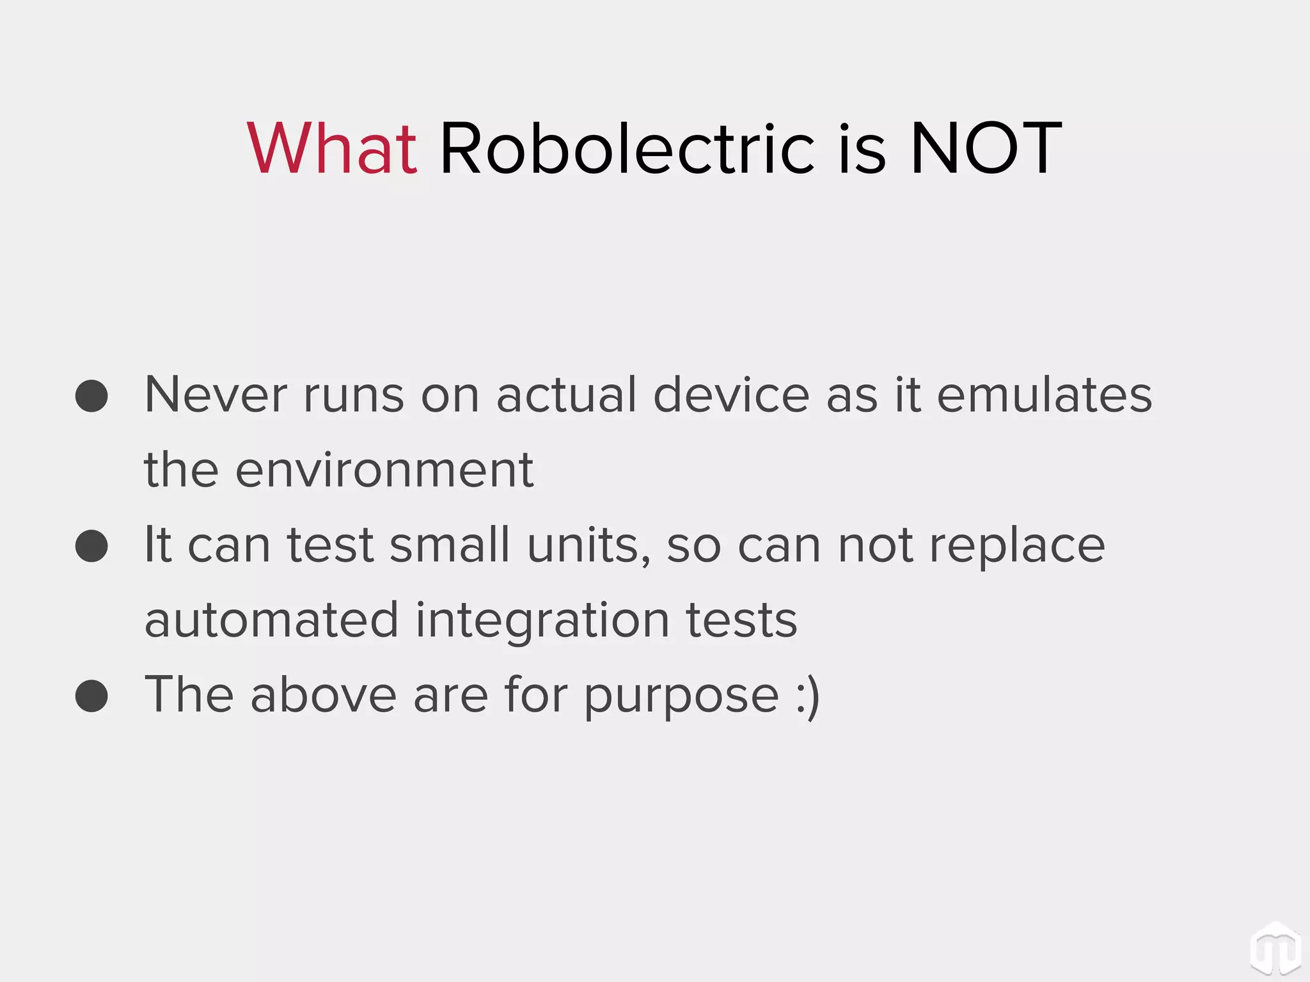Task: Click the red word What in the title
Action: [332, 148]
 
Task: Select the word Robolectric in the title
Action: [627, 148]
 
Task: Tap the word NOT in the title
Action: [986, 148]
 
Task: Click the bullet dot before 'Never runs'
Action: [91, 396]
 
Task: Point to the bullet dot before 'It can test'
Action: [91, 545]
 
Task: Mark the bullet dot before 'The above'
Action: [91, 696]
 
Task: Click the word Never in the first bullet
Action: [216, 395]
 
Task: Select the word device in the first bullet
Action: [731, 395]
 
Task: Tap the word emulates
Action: [1044, 395]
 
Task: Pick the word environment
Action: [384, 471]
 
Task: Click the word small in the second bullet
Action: [450, 545]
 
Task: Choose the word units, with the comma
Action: [588, 546]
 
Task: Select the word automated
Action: [272, 620]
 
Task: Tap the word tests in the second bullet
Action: [741, 620]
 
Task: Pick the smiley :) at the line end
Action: [808, 696]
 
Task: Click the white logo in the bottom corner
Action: [1275, 948]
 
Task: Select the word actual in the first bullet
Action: [566, 395]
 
